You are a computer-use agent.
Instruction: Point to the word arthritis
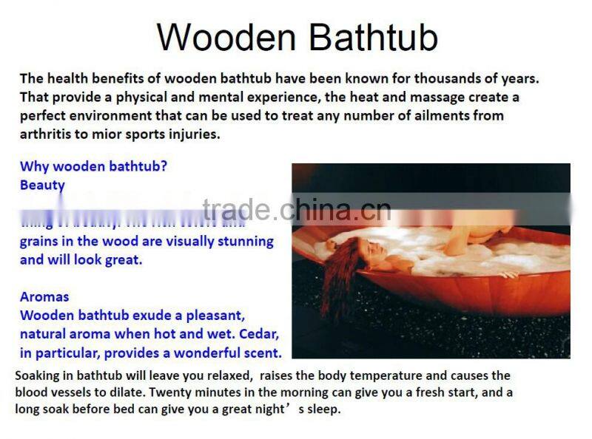[47, 134]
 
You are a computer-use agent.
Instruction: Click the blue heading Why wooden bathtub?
[93, 166]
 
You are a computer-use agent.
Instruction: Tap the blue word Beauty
[42, 185]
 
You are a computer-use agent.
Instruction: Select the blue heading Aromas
[44, 296]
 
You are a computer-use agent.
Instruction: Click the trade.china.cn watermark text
[296, 210]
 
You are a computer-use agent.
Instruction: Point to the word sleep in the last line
[323, 409]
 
